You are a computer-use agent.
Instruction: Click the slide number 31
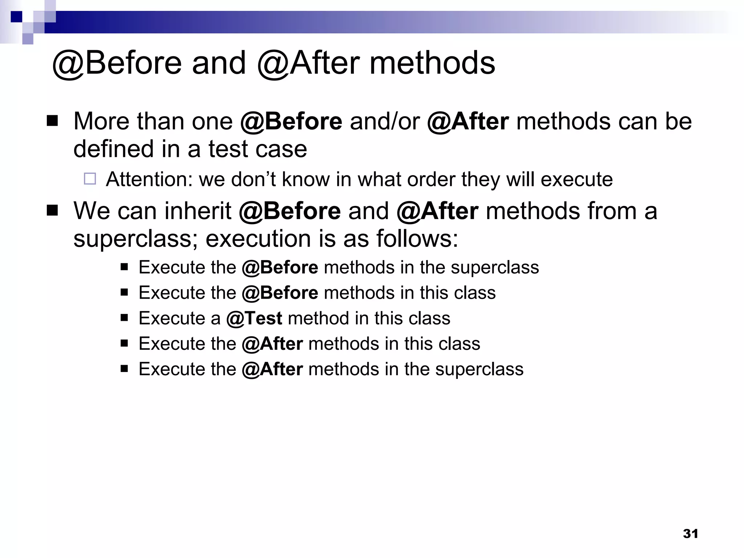(690, 534)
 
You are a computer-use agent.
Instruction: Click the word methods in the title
(432, 63)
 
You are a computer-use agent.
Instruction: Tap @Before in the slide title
(116, 63)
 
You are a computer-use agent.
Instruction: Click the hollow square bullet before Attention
(90, 179)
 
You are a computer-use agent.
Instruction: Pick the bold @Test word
(254, 318)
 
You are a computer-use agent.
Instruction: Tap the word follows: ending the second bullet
(417, 239)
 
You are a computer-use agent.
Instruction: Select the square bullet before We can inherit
(52, 210)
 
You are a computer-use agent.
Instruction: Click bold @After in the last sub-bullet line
(272, 369)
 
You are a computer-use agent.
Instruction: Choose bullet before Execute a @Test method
(125, 318)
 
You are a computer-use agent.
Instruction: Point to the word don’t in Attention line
(253, 179)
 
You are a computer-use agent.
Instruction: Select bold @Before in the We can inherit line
(290, 211)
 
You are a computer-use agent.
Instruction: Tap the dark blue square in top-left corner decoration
(16, 17)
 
